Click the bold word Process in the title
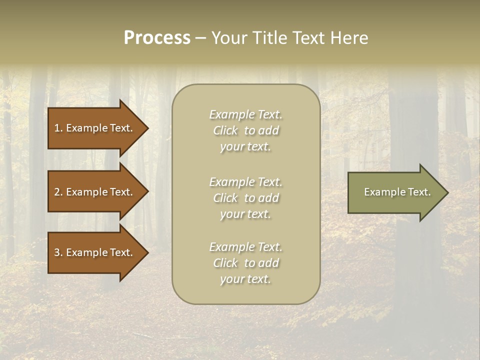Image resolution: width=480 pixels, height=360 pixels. click(157, 38)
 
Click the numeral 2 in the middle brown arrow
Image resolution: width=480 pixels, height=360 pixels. click(57, 192)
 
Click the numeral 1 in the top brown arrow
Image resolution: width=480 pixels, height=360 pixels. click(57, 128)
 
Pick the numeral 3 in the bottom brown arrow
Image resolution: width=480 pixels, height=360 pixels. click(57, 252)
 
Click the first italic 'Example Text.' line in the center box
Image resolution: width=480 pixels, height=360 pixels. click(245, 114)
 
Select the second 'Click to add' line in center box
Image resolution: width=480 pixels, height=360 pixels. click(245, 198)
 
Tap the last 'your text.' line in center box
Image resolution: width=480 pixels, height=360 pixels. click(245, 279)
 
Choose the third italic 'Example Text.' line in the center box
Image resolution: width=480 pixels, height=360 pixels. click(245, 247)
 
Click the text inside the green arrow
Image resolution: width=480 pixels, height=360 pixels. click(397, 192)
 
